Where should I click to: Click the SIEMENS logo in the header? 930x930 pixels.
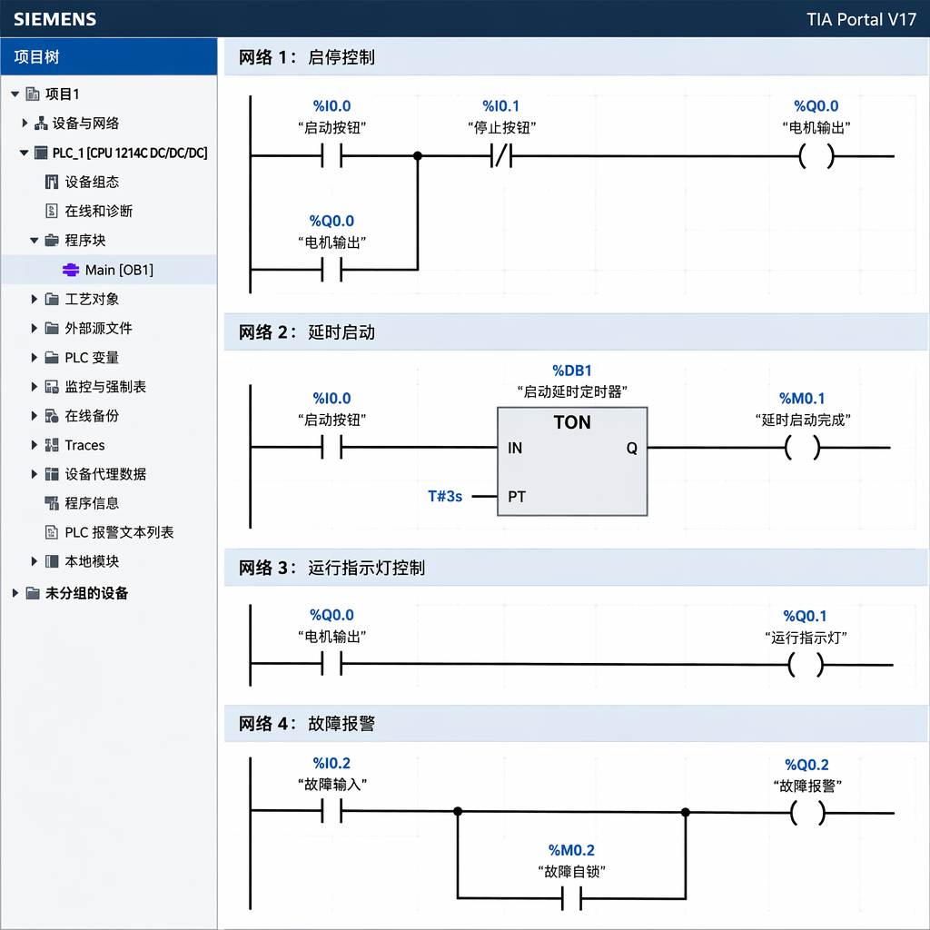coord(54,19)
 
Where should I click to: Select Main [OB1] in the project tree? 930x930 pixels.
coord(119,270)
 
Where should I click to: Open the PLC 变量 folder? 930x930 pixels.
coord(92,358)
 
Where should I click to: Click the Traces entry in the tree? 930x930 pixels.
coord(84,445)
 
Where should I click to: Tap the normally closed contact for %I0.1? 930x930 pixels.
coord(501,156)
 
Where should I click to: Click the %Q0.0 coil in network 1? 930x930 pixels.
coord(816,156)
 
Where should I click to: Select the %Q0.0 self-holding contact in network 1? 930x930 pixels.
coord(332,270)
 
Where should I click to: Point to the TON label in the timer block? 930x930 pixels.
coord(572,422)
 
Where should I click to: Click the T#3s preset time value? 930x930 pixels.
coord(445,496)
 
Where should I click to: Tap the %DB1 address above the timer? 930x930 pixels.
coord(572,371)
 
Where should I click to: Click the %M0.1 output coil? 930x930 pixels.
coord(803,448)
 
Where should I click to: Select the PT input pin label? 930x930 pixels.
coord(517,497)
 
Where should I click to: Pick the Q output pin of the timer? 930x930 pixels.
coord(632,449)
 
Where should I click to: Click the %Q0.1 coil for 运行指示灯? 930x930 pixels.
coord(806,665)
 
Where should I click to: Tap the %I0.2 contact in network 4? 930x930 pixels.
coord(332,811)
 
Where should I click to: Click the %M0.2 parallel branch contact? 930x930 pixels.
coord(572,898)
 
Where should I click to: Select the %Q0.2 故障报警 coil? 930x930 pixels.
coord(807,813)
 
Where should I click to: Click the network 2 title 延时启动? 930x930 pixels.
coord(341,332)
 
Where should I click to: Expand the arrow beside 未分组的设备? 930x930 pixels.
coord(15,593)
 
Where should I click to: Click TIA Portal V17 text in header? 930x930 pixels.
coord(861,20)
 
